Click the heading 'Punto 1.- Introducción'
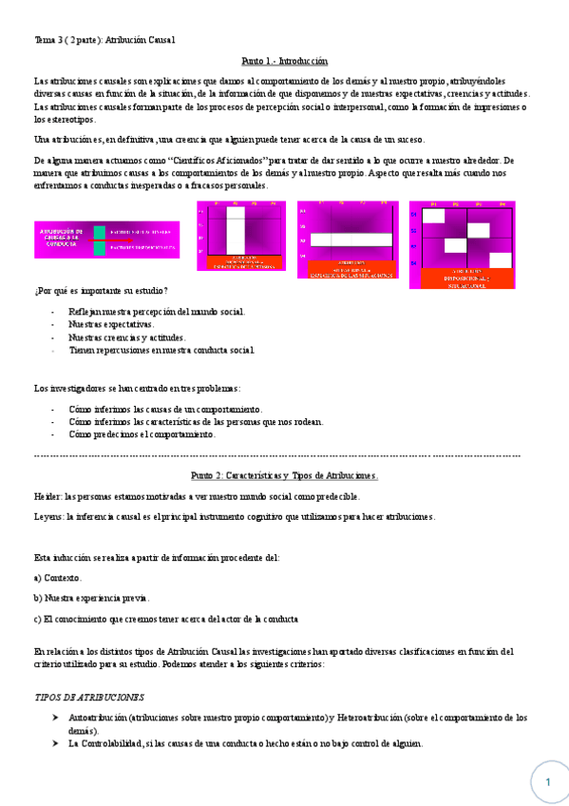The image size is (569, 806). [x=284, y=59]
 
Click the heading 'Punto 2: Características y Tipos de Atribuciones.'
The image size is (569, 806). [x=284, y=474]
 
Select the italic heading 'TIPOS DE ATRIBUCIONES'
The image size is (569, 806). [x=89, y=697]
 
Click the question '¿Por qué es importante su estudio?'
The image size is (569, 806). [x=101, y=290]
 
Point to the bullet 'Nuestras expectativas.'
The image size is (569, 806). [x=111, y=324]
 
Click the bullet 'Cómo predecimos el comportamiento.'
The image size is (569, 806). [x=142, y=434]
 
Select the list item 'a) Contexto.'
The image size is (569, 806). [x=57, y=578]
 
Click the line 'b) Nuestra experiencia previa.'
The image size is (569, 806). [x=91, y=598]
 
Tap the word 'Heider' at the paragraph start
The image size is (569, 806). [x=47, y=496]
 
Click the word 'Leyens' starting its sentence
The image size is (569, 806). [x=48, y=516]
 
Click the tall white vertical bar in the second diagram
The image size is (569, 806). [x=236, y=229]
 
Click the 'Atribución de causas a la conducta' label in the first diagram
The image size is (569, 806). [x=62, y=237]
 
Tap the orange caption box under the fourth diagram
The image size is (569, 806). [x=462, y=278]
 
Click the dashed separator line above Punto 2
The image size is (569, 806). [x=276, y=457]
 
